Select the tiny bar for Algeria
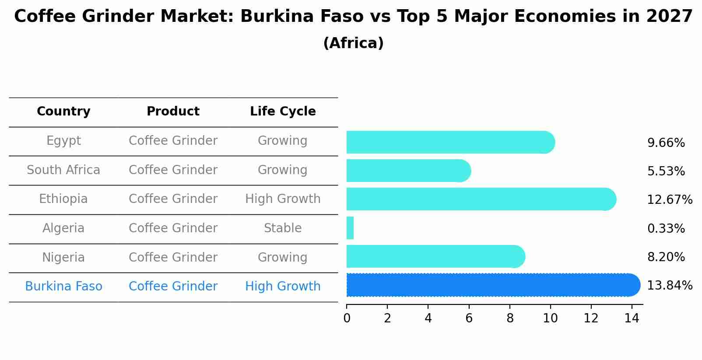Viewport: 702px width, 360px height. point(350,228)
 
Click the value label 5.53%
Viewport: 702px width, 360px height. point(666,171)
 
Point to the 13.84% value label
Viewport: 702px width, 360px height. point(669,286)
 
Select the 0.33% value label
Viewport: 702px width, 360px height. point(666,228)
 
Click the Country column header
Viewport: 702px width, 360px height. point(63,112)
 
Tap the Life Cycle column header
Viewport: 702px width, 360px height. point(283,112)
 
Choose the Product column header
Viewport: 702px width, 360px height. point(173,112)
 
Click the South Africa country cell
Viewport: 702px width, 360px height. point(63,170)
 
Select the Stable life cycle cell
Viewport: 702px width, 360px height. point(283,228)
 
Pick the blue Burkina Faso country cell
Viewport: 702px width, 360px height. point(63,286)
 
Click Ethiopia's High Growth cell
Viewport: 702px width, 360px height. point(283,199)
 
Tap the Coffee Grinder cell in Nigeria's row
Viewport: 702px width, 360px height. point(173,257)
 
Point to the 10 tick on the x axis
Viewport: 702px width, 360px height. point(550,318)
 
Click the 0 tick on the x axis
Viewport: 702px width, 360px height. point(347,318)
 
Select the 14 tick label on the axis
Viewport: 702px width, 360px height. point(632,318)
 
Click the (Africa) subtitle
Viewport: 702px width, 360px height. point(353,43)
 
